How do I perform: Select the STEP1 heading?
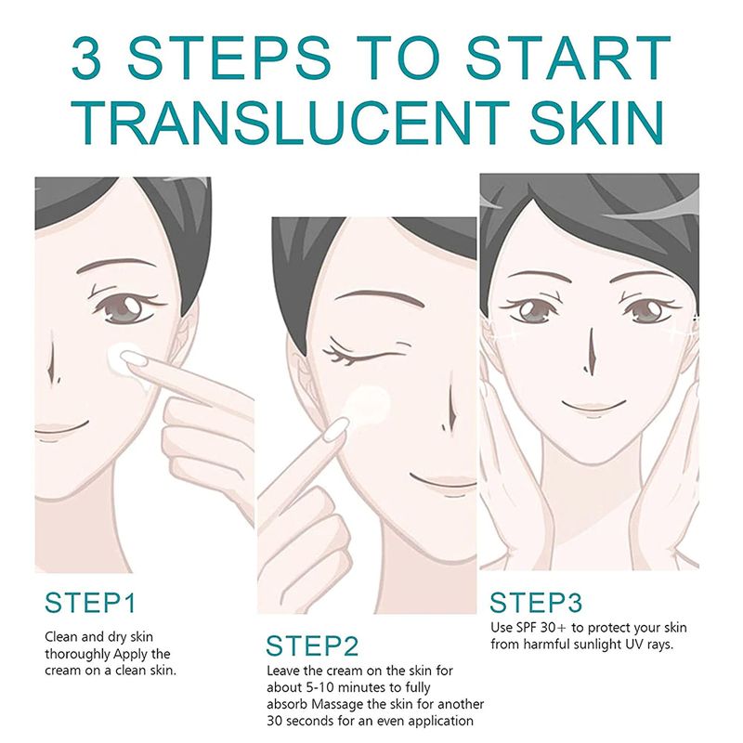[90, 603]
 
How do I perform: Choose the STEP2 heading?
[312, 645]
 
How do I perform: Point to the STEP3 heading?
[536, 603]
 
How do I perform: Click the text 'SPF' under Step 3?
[526, 628]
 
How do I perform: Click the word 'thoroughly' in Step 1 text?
[77, 654]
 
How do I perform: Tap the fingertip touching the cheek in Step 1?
[134, 358]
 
